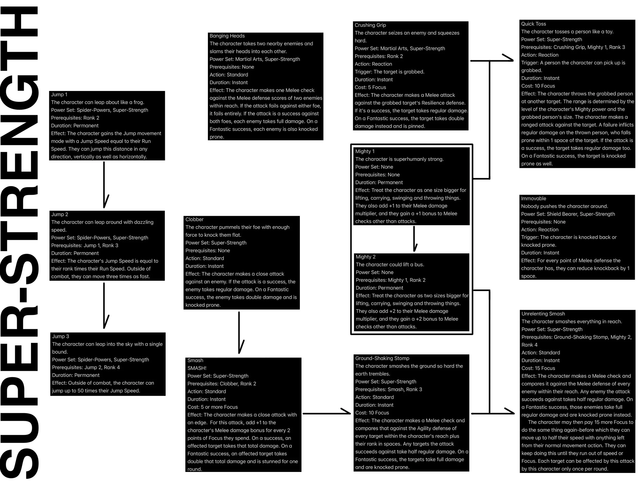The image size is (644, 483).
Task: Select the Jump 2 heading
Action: coord(60,215)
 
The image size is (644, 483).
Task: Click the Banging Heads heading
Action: coord(227,36)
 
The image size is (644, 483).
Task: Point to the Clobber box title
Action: coord(194,219)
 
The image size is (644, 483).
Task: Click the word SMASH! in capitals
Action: coord(197,368)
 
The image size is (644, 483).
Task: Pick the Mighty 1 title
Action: coord(365,151)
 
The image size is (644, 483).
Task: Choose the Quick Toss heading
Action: coord(533,24)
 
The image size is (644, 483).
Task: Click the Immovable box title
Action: coord(533,199)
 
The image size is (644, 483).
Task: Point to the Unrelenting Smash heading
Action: coord(543,314)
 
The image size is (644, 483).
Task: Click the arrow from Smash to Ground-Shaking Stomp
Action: coord(326,413)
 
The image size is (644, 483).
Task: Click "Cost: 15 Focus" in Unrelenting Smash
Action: coord(538,368)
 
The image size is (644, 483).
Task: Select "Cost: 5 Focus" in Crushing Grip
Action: coord(370,87)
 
